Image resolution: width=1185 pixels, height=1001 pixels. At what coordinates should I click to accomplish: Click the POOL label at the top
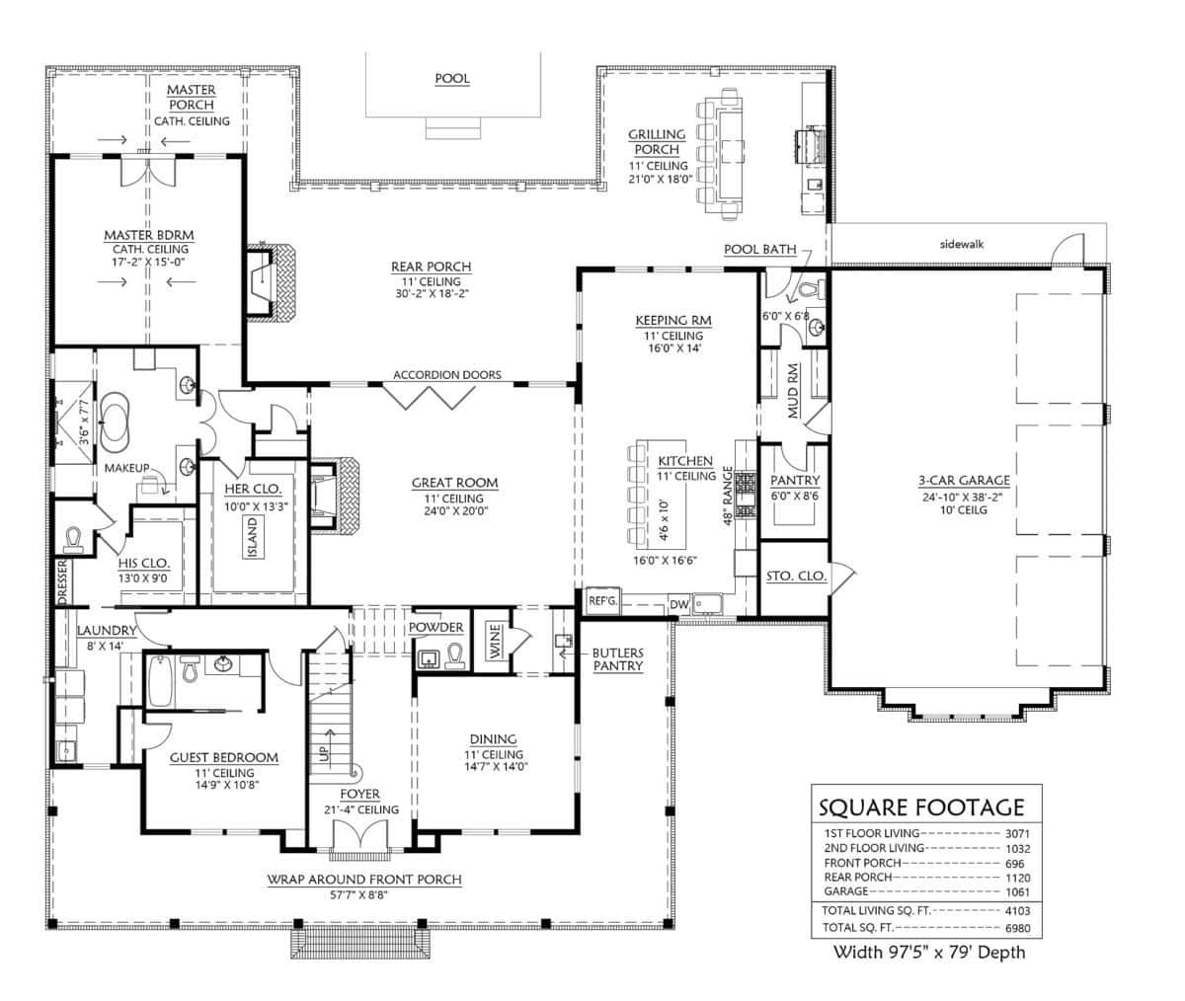[452, 78]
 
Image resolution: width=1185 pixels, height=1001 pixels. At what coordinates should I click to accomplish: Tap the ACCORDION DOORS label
[446, 375]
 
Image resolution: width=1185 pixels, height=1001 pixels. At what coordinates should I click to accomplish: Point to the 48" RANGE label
[728, 496]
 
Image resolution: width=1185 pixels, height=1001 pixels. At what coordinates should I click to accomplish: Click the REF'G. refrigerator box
[601, 600]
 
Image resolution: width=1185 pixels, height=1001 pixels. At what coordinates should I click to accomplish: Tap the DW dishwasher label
[678, 604]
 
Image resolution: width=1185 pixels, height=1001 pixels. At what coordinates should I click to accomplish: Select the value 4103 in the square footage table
[1017, 910]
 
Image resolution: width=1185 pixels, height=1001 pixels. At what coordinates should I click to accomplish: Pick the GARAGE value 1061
[1017, 891]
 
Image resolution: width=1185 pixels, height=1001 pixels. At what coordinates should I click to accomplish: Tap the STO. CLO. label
[796, 576]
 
